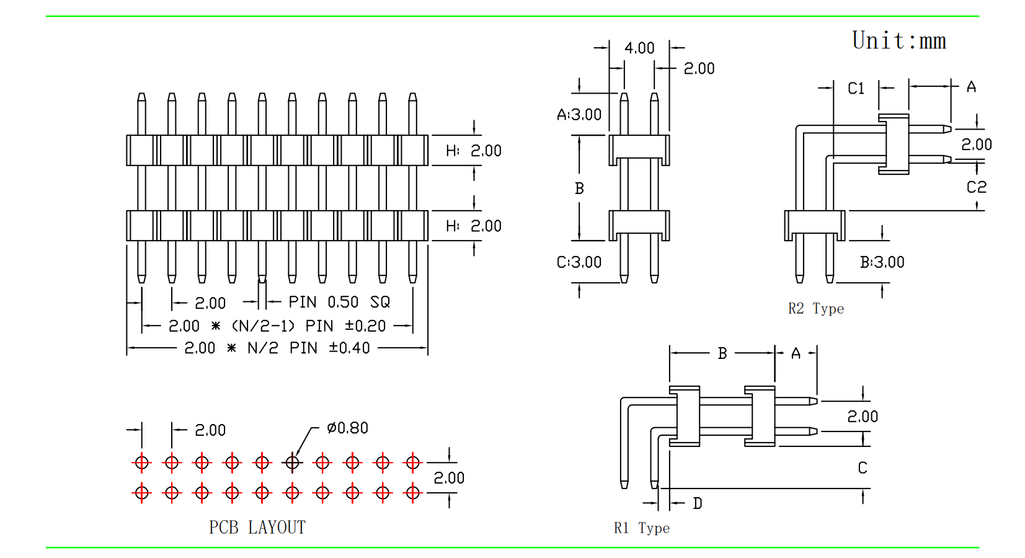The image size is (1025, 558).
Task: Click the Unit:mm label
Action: click(x=899, y=40)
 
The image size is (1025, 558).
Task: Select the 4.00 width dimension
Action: click(x=639, y=48)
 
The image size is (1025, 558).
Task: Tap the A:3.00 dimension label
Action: click(x=579, y=114)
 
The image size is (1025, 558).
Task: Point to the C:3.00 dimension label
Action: click(x=579, y=262)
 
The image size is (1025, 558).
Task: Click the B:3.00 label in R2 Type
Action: click(x=882, y=262)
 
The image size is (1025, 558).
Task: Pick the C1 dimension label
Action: click(x=856, y=88)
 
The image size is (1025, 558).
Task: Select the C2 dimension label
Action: click(x=977, y=187)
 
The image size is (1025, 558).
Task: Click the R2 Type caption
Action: click(x=816, y=309)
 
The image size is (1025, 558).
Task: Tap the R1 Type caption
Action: click(x=642, y=528)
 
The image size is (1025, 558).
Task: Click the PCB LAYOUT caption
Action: click(x=257, y=528)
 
